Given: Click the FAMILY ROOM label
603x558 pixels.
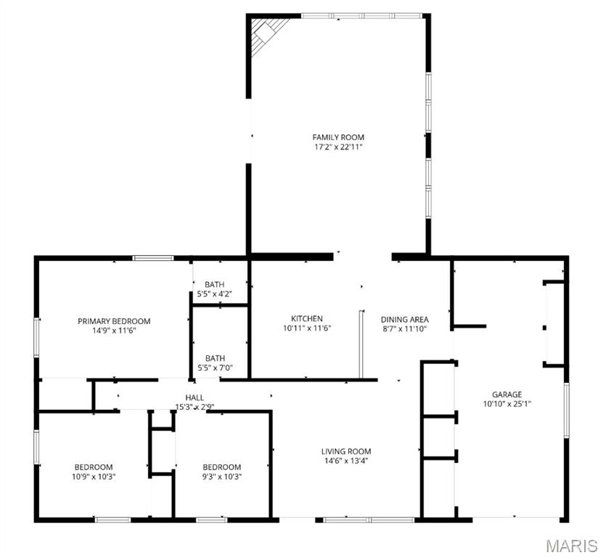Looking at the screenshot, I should pos(338,137).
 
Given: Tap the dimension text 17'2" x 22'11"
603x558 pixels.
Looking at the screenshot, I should pos(338,147).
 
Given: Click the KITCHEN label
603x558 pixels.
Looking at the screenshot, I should pos(307,319).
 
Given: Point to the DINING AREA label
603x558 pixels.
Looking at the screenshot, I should pos(405,319).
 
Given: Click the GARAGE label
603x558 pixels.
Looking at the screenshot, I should pos(506,395).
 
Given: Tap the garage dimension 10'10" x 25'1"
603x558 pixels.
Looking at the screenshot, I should pos(506,404).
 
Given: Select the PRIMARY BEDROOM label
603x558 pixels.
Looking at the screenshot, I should pos(114,321).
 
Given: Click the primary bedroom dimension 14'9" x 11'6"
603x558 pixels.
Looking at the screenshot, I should pos(114,331).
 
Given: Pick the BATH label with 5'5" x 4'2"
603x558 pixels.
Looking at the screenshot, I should pos(215,284).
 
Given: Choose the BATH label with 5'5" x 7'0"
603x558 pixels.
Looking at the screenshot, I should pos(215,358).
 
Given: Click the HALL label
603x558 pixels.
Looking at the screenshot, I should pos(194,397).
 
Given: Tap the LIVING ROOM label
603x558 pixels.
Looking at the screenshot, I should pos(346,451).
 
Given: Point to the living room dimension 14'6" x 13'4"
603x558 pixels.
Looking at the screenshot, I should pos(346,461).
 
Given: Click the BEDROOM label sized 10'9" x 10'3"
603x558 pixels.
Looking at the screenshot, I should pos(94,467).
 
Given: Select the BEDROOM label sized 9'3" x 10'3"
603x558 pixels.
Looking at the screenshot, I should pos(221,467).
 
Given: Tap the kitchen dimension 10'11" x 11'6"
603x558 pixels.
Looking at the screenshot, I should pos(307,328).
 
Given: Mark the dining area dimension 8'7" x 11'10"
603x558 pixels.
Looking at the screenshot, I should pos(405,328).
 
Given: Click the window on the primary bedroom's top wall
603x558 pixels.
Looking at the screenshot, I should pos(153,257).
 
